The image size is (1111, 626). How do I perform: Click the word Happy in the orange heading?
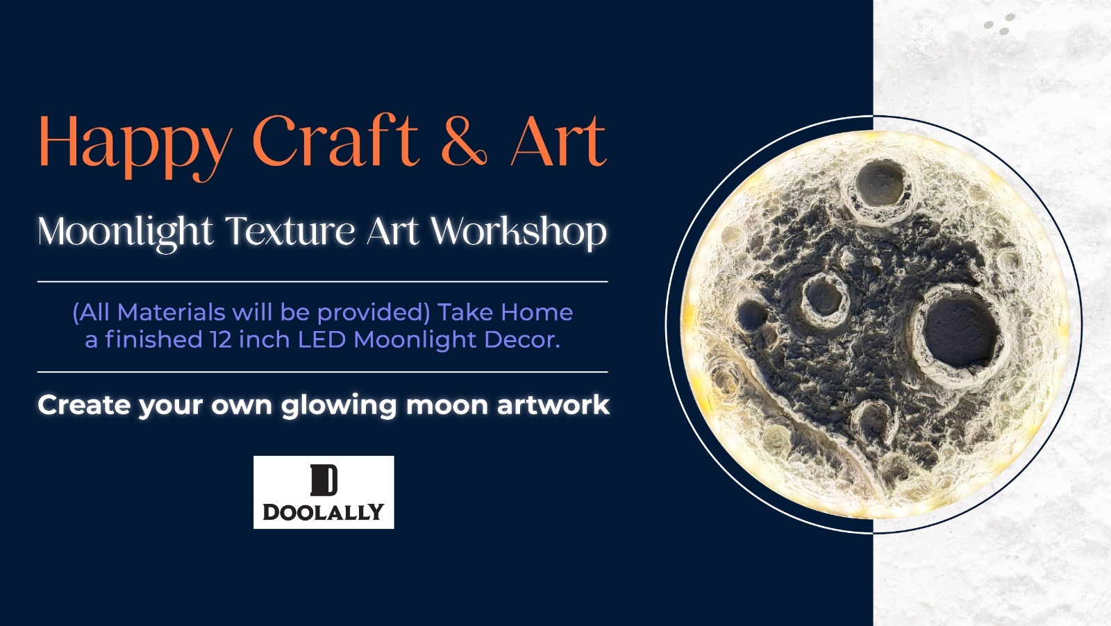[x=135, y=146]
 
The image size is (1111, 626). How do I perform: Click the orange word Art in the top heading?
[x=559, y=142]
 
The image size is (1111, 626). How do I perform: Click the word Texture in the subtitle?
[x=290, y=232]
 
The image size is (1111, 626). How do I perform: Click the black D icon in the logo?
[x=324, y=480]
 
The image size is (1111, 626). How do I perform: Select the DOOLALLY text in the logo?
[x=324, y=512]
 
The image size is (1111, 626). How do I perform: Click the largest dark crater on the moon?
[x=960, y=330]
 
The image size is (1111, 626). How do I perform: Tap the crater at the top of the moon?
[x=880, y=184]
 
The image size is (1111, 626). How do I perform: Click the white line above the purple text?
[x=323, y=282]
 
